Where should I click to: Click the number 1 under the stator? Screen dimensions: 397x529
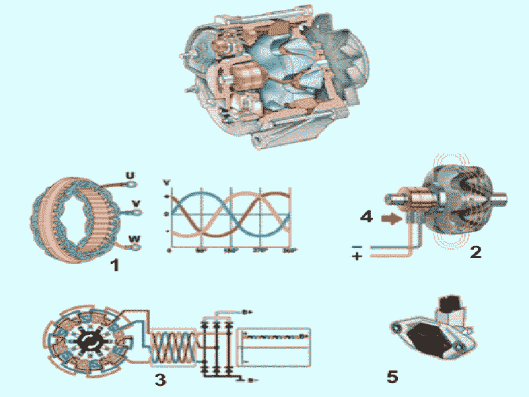(115, 266)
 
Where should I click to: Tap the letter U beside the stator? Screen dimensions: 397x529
(131, 176)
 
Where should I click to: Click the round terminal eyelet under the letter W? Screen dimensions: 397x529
(136, 247)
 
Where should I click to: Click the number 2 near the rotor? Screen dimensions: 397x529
(475, 251)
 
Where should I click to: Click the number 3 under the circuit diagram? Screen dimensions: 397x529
(159, 379)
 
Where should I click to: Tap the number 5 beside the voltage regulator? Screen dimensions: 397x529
(392, 376)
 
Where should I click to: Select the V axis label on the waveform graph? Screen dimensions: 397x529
(167, 181)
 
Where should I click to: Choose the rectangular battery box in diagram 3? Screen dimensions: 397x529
(274, 345)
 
